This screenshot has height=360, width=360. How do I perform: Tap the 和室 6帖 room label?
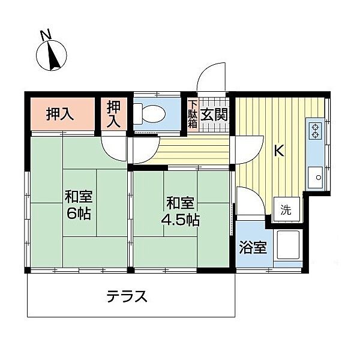(x=79, y=205)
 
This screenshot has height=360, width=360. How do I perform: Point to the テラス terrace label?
(x=127, y=296)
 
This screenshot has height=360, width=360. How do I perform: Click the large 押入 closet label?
(x=60, y=114)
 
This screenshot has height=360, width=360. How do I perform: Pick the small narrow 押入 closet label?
(x=114, y=114)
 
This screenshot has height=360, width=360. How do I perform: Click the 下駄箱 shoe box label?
(x=193, y=115)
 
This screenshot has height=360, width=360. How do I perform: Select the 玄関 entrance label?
(x=212, y=114)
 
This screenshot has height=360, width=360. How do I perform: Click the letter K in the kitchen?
(x=279, y=151)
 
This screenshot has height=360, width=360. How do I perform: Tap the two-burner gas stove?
(x=316, y=131)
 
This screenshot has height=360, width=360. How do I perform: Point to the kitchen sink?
(x=316, y=177)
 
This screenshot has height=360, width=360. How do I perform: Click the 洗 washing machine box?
(x=287, y=210)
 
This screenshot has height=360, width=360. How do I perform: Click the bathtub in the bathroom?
(x=287, y=247)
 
